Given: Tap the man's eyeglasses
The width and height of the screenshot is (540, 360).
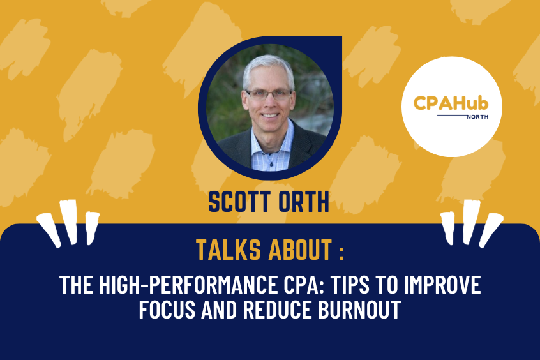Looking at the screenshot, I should (268, 94).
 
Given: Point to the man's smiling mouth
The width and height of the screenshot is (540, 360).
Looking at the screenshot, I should (269, 119).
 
